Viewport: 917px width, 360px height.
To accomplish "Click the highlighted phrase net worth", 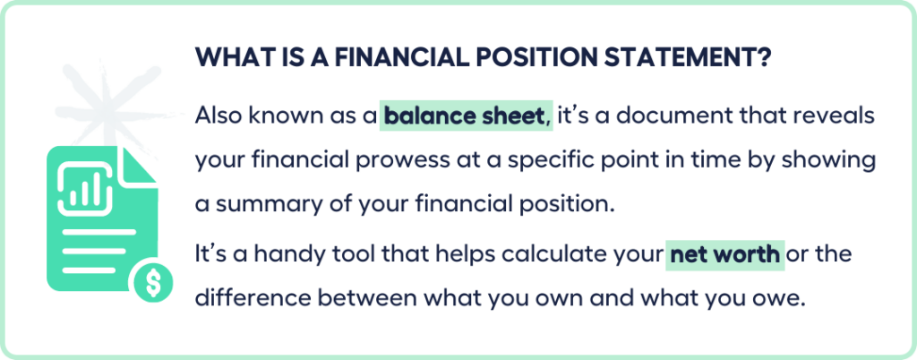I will [x=725, y=254].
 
